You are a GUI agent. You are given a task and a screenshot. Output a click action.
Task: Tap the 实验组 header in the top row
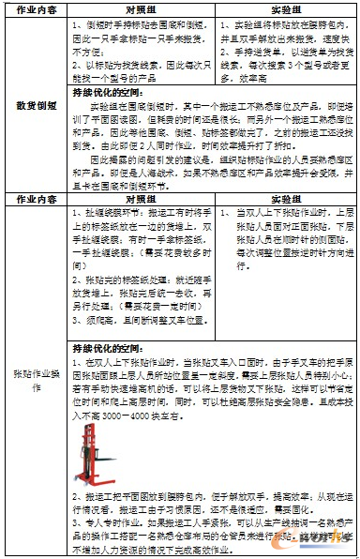pos(285,8)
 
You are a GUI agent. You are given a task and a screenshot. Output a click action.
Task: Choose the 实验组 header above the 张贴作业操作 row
pos(285,200)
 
